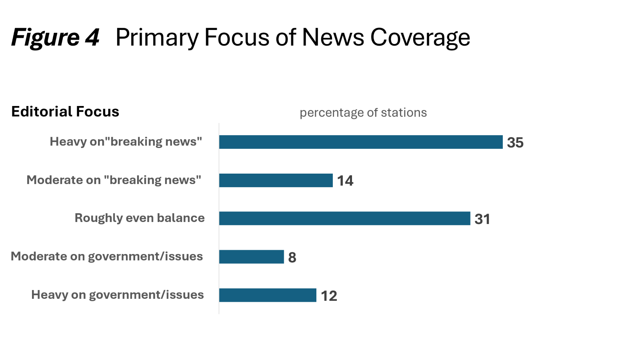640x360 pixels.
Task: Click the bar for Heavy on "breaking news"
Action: pos(360,142)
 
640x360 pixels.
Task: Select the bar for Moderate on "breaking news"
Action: pos(276,180)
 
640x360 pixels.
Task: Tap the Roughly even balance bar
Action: pos(344,218)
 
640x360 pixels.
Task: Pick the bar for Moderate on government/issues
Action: pos(251,257)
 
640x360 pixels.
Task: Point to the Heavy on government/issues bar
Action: pos(268,295)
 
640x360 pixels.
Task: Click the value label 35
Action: pos(515,143)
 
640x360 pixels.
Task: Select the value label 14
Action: pos(345,181)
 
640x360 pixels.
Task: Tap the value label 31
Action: pos(482,219)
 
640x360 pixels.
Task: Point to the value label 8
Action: pos(292,258)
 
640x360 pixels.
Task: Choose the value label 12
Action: pos(329,296)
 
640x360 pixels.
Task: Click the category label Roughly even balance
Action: pos(139,218)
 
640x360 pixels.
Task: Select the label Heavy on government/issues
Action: pos(118,295)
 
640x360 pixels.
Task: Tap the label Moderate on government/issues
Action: pos(107,256)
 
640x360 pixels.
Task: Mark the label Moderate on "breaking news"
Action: pos(114,180)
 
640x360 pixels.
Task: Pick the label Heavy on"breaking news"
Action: pos(126,142)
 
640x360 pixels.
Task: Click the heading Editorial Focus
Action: pos(65,112)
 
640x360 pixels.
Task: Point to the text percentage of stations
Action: pos(363,113)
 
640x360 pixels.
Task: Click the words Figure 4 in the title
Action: pos(55,38)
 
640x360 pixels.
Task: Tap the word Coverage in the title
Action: pos(420,38)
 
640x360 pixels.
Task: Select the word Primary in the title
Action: pos(157,38)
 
